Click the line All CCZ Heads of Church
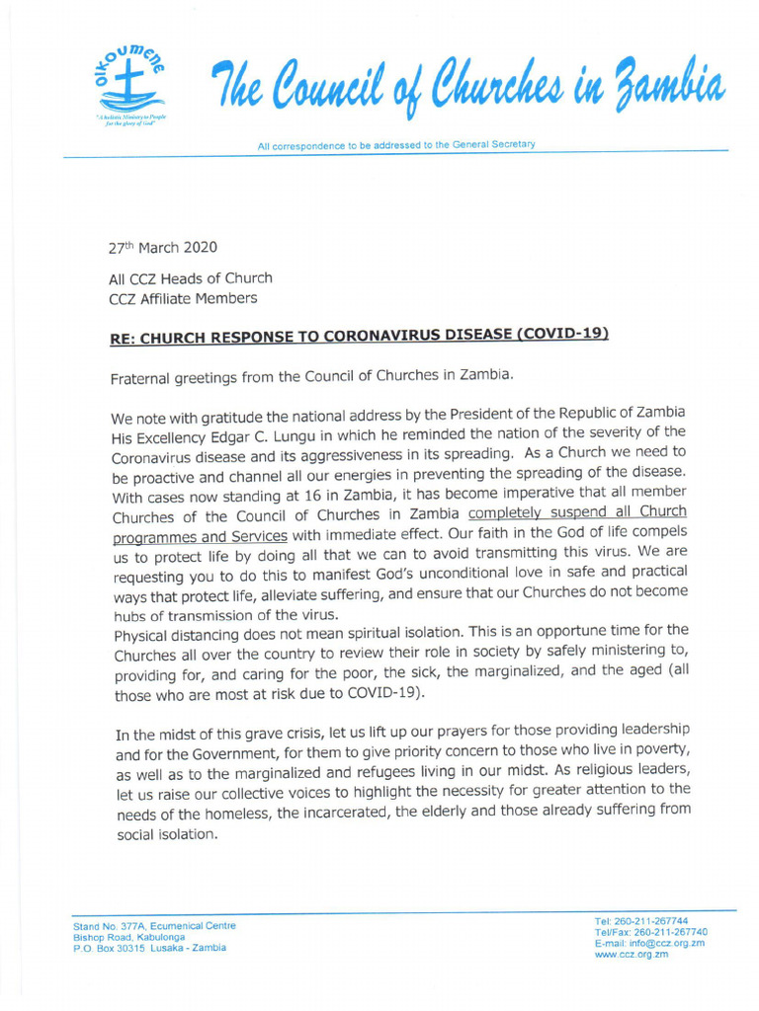tap(190, 278)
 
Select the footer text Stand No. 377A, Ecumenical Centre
tap(154, 926)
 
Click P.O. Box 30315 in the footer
tap(110, 948)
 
